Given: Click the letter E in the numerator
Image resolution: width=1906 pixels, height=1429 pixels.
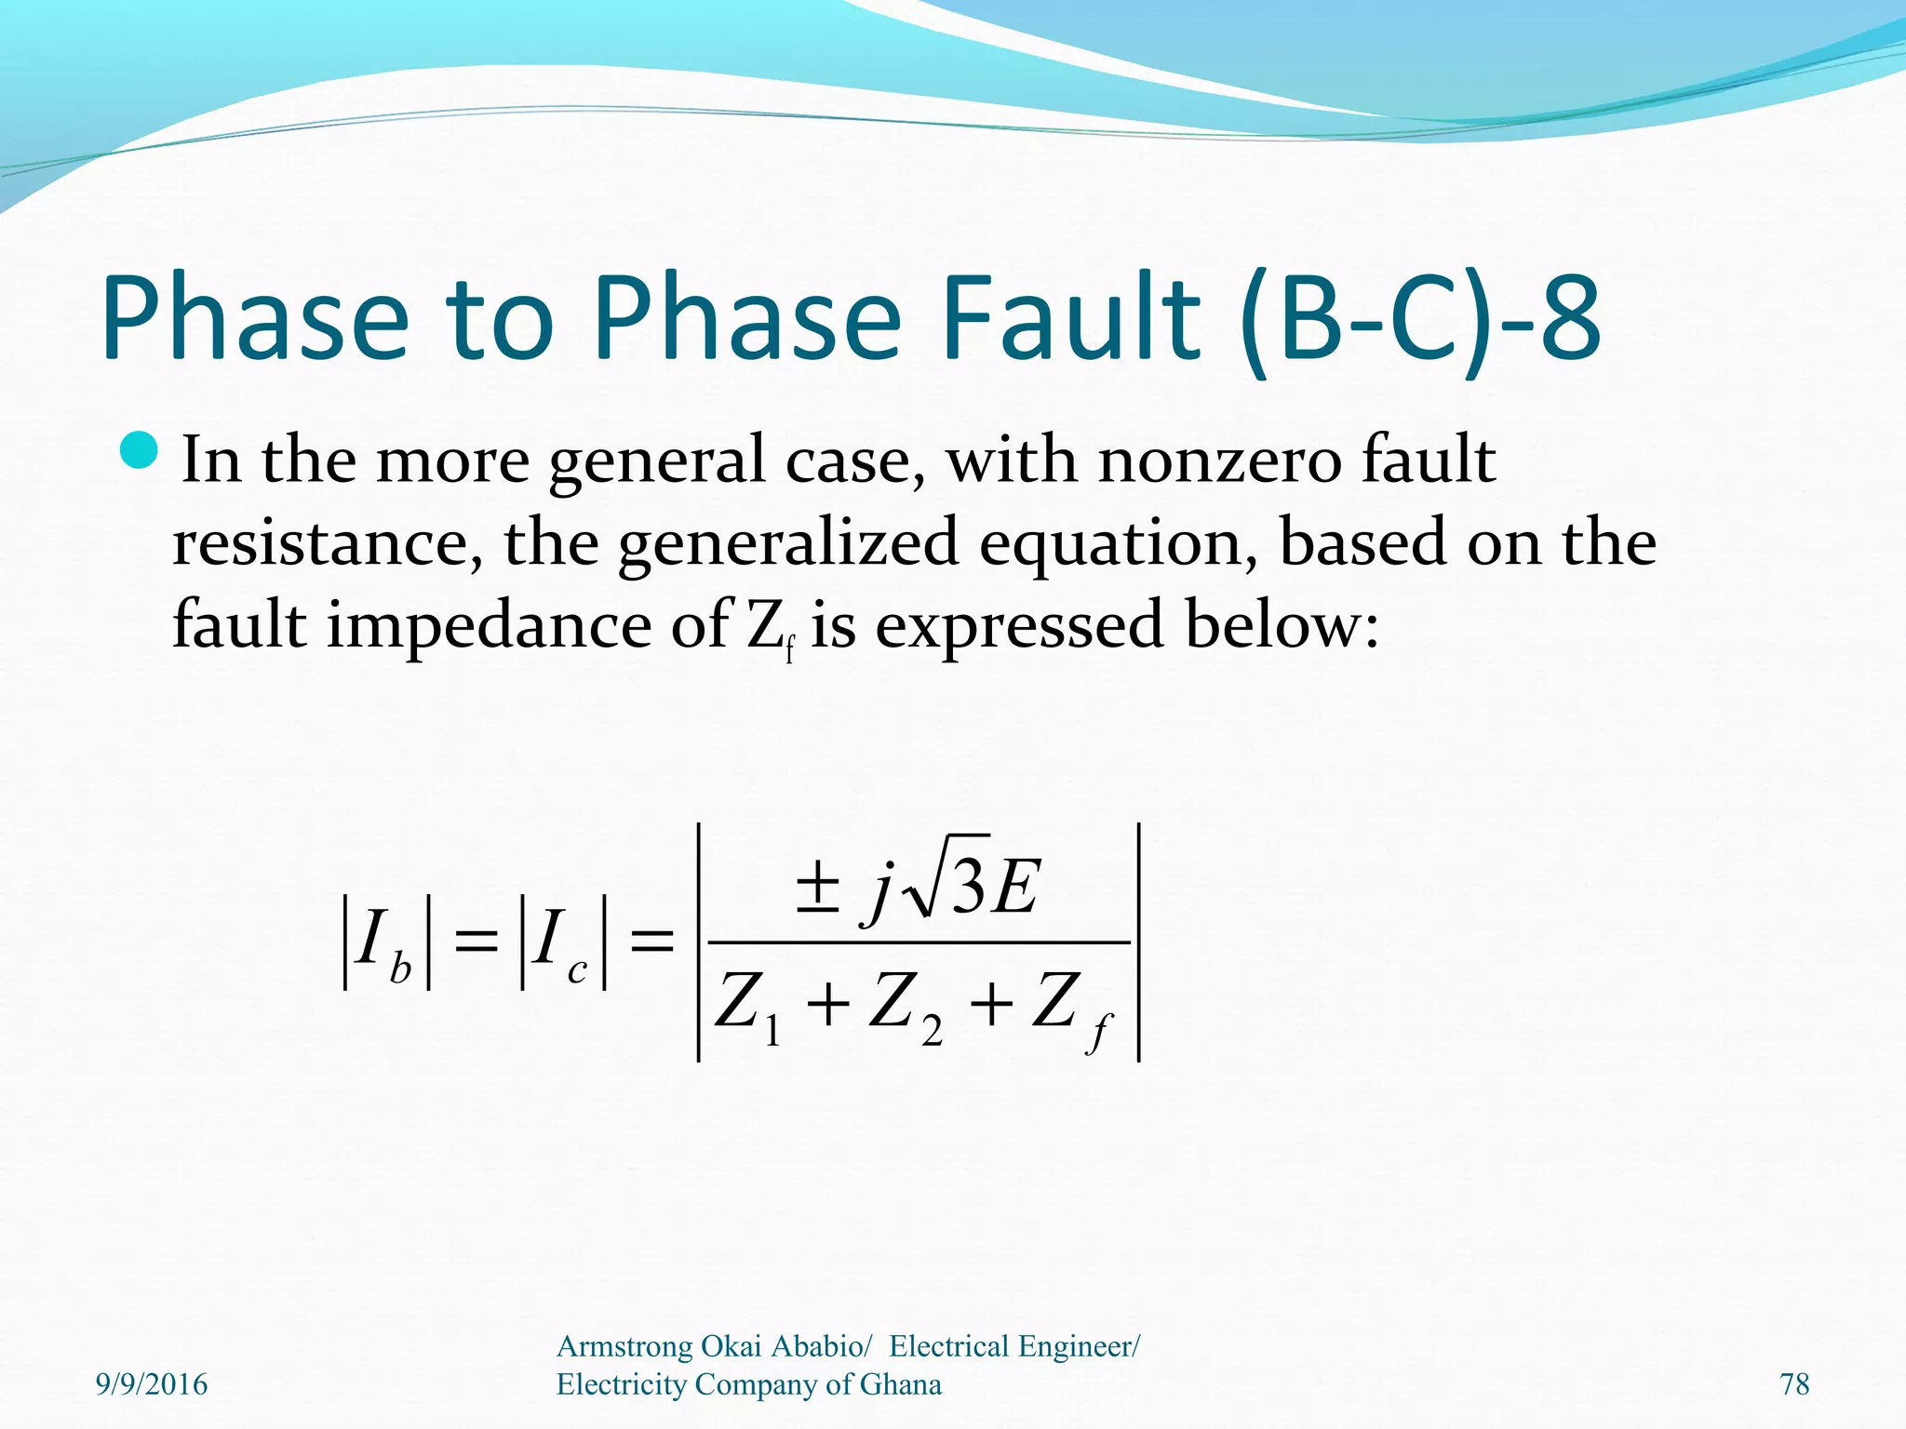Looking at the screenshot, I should click(1014, 888).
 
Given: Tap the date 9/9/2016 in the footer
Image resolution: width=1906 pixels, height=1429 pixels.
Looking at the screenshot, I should click(152, 1384).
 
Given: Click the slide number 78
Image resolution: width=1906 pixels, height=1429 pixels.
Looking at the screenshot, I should click(1794, 1384).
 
